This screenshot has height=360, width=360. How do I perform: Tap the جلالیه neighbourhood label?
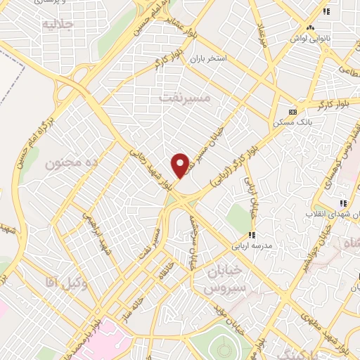coord(58,25)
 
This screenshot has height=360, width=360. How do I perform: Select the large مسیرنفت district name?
coord(186,98)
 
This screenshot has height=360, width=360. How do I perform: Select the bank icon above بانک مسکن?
coord(292,112)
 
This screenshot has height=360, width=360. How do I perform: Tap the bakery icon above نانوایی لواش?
coord(326,11)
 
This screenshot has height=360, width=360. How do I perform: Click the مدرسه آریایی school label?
coord(252,247)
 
